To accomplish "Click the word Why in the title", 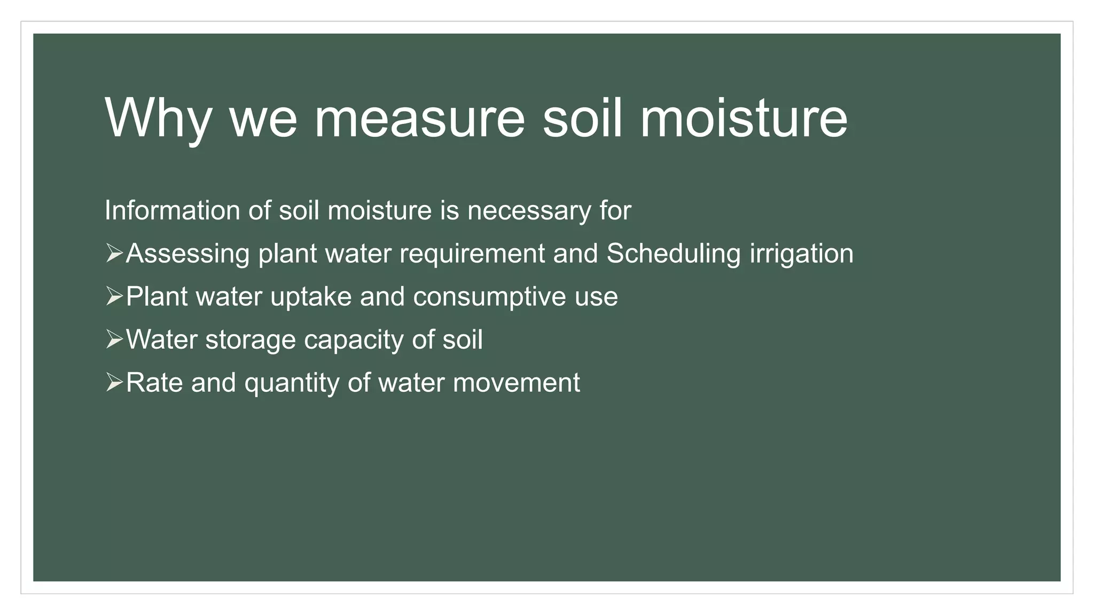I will pyautogui.click(x=158, y=119).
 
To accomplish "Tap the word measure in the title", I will pyautogui.click(x=419, y=119).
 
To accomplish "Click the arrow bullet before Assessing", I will pyautogui.click(x=114, y=253).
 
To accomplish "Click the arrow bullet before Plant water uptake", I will pyautogui.click(x=114, y=296).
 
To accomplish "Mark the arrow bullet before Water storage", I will pyautogui.click(x=114, y=340).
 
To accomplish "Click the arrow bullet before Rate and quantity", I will pyautogui.click(x=114, y=383).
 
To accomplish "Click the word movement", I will pyautogui.click(x=516, y=383).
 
